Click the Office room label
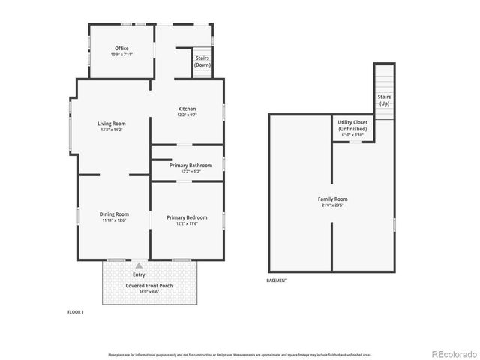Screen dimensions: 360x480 121,49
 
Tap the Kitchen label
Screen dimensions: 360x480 187,109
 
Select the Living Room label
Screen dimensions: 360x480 111,124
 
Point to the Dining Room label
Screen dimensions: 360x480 115,214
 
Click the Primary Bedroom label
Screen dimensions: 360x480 187,217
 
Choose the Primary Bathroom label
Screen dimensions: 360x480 190,166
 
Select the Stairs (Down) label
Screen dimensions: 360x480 202,61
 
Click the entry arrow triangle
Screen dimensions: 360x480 138,265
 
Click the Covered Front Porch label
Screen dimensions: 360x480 149,283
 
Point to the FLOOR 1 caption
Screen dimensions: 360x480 76,311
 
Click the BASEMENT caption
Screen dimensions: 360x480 277,280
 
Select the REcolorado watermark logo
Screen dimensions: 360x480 452,353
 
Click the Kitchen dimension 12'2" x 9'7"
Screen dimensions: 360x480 187,115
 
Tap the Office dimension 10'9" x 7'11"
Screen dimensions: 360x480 121,55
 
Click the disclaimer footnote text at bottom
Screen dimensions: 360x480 240,354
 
